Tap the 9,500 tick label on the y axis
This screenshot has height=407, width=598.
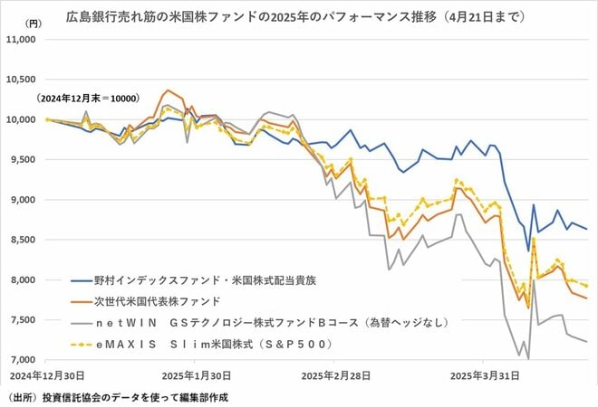point(22,159)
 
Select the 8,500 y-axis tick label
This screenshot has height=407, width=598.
point(22,240)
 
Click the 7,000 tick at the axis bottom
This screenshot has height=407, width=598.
point(22,361)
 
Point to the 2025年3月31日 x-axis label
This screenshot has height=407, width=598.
point(480,374)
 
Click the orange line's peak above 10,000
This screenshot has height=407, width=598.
point(167,90)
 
